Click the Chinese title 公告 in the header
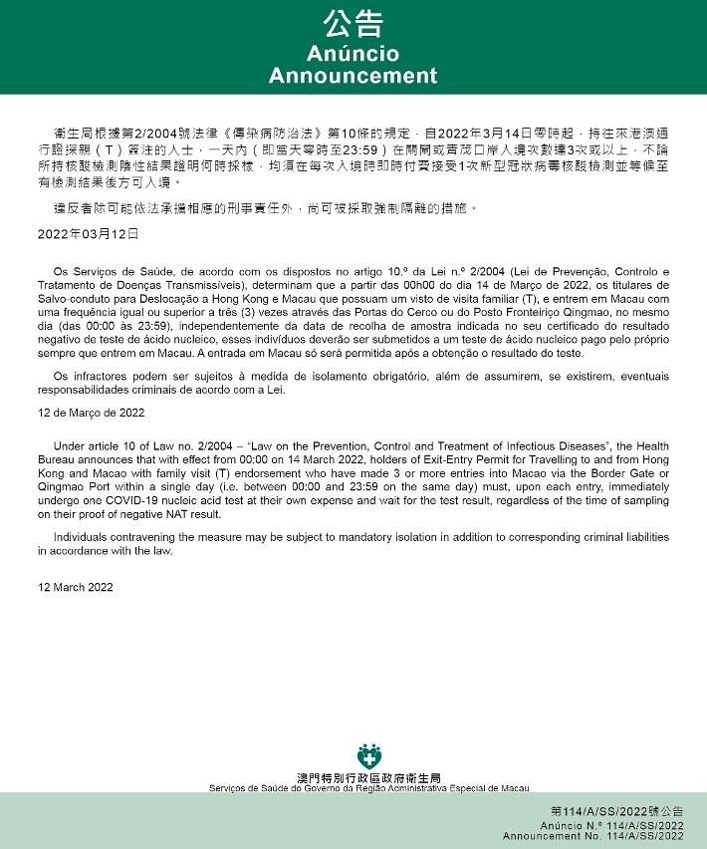tap(353, 25)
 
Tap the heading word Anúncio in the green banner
tap(353, 54)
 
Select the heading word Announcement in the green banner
tap(353, 76)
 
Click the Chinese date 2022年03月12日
tap(89, 235)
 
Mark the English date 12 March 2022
tap(76, 587)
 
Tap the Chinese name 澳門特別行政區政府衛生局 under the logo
tap(368, 777)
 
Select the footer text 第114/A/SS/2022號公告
tap(616, 812)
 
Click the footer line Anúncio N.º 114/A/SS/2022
tap(612, 826)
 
